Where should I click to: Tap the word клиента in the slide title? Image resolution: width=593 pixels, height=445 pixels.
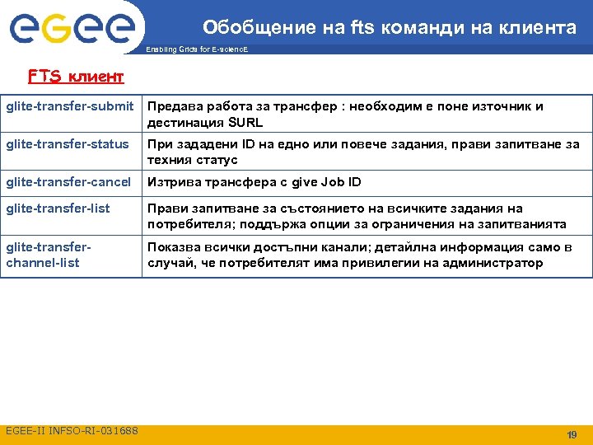tap(540, 28)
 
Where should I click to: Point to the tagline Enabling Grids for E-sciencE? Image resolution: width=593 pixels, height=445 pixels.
tap(197, 49)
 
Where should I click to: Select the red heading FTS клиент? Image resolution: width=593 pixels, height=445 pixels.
tap(76, 77)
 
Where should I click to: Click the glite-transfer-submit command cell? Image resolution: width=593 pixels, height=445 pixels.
tap(70, 106)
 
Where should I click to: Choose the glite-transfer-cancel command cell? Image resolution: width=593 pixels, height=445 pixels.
tap(68, 182)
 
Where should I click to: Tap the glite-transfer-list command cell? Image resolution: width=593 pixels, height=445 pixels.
tap(58, 208)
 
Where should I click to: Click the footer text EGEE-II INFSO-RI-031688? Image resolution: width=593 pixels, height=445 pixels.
tap(72, 431)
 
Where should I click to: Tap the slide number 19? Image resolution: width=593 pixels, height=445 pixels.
tap(572, 434)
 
